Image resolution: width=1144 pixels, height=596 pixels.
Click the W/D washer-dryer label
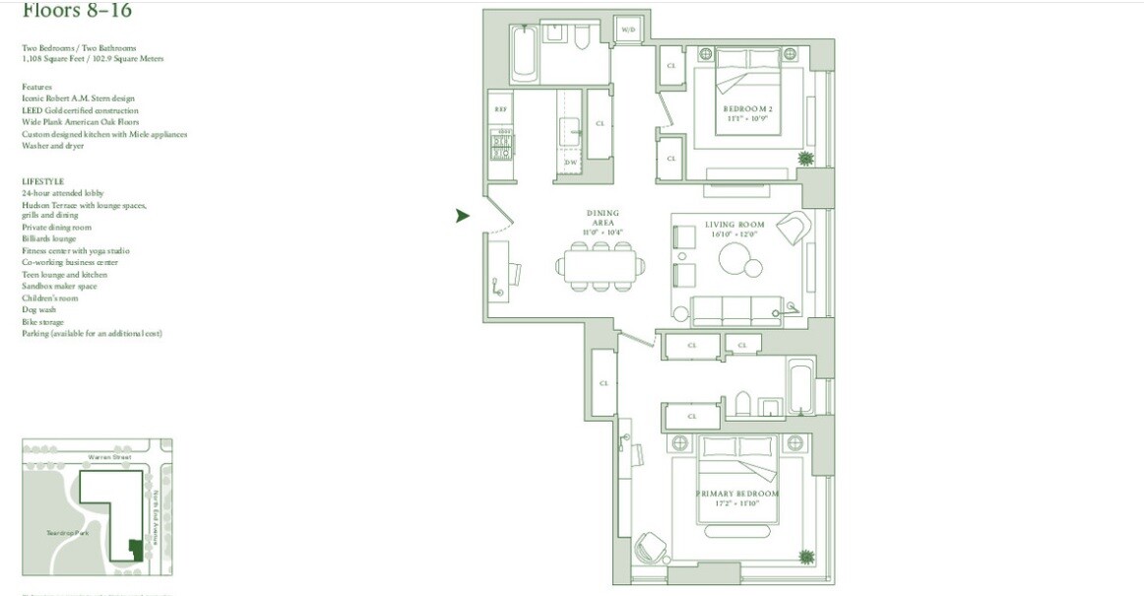point(628,31)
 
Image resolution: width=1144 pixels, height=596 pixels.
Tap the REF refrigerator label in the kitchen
point(500,109)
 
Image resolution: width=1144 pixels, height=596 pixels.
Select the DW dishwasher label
point(570,162)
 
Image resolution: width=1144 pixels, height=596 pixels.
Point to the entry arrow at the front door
point(463,216)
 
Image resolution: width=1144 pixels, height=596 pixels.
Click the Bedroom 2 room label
point(745,108)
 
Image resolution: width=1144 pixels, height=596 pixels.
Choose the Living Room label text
point(733,225)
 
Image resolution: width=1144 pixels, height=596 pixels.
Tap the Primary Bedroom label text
point(736,494)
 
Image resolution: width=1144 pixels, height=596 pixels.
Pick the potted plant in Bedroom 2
point(805,158)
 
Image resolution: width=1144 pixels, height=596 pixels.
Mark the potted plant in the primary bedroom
point(806,557)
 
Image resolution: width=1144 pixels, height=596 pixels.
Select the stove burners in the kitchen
point(501,147)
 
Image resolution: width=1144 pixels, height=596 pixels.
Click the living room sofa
point(736,310)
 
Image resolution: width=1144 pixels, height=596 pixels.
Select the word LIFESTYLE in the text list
point(42,181)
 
